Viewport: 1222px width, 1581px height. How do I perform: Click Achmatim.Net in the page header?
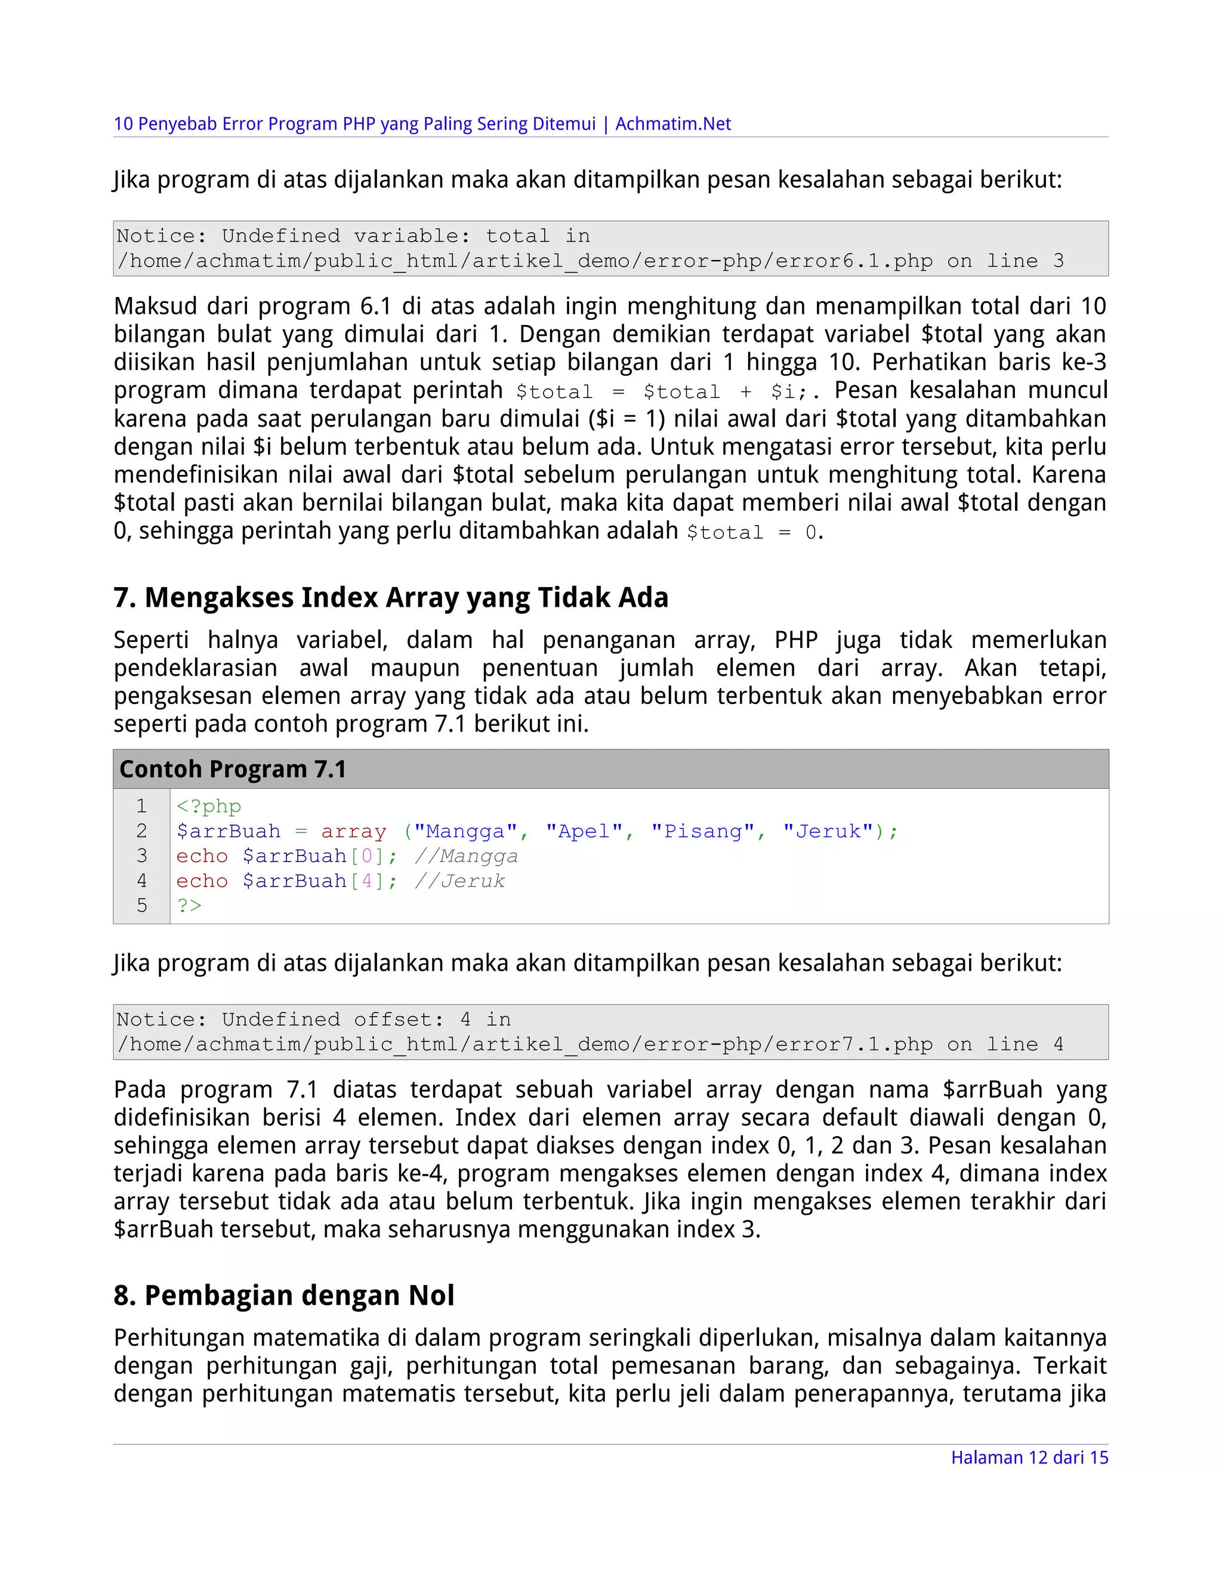click(x=672, y=123)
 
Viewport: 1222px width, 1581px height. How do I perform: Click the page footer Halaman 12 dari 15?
click(x=1029, y=1458)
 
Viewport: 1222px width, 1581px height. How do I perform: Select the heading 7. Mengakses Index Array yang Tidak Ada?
click(x=391, y=597)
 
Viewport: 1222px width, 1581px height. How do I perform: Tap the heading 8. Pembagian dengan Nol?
click(x=284, y=1295)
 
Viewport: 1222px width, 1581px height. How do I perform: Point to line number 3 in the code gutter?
click(x=142, y=856)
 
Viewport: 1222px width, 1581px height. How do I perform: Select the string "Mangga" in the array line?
click(x=465, y=831)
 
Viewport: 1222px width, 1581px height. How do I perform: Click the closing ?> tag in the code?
click(x=189, y=906)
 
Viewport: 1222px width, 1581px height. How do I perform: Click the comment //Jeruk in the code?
click(x=459, y=881)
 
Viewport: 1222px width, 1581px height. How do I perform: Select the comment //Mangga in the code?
click(x=466, y=856)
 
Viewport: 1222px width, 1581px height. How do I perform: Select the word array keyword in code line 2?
click(x=354, y=831)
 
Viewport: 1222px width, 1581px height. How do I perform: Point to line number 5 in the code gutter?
click(x=142, y=906)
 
